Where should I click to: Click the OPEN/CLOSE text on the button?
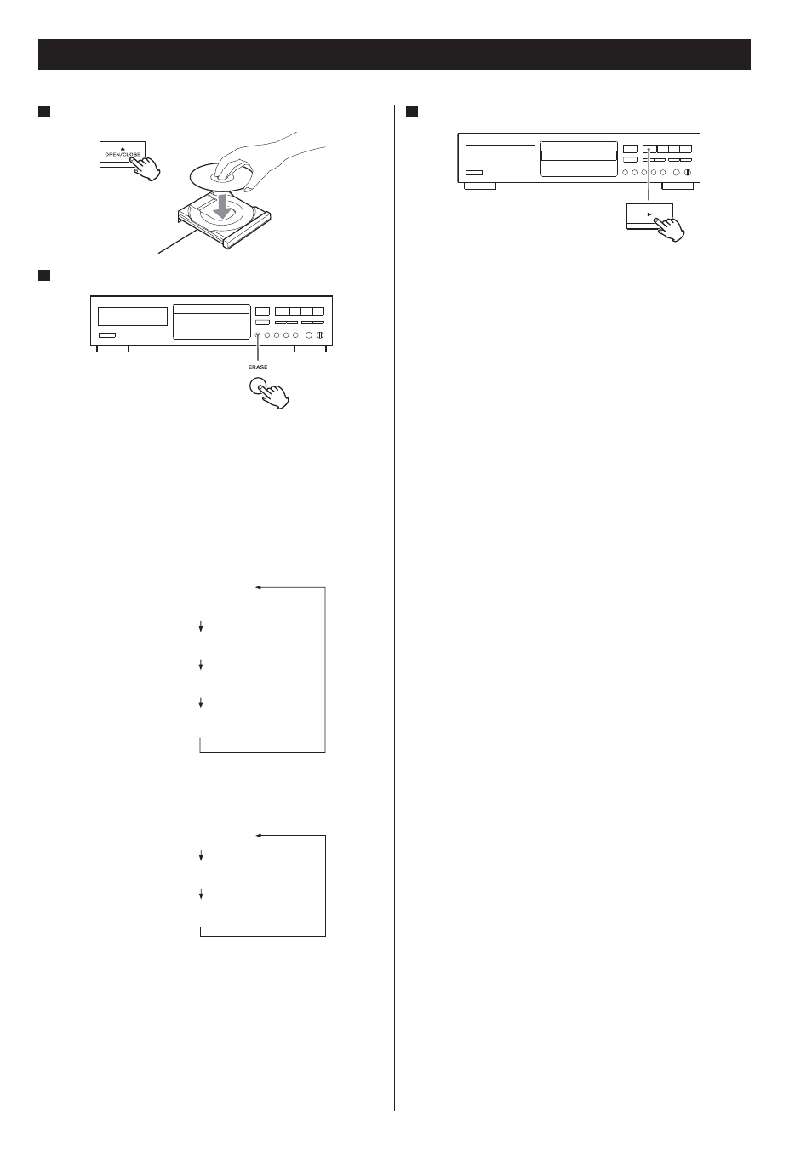(x=122, y=154)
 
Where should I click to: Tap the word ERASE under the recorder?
(x=258, y=367)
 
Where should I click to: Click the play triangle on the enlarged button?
(x=649, y=214)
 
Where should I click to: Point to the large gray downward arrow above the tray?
(x=223, y=206)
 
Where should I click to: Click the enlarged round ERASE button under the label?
(x=258, y=386)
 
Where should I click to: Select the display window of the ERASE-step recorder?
(x=133, y=317)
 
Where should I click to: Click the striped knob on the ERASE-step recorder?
(x=320, y=335)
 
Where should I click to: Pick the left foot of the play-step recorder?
(x=479, y=186)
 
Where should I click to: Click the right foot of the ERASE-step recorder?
(x=311, y=349)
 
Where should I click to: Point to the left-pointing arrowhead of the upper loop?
(x=259, y=587)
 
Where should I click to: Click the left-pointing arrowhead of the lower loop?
(x=259, y=836)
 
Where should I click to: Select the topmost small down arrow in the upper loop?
(x=201, y=626)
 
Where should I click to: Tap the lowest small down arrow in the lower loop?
(x=201, y=894)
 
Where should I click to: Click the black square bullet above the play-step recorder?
(x=411, y=111)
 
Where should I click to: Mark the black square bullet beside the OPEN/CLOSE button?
(x=44, y=111)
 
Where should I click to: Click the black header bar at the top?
(x=394, y=54)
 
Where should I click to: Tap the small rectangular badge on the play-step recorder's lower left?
(x=474, y=173)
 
